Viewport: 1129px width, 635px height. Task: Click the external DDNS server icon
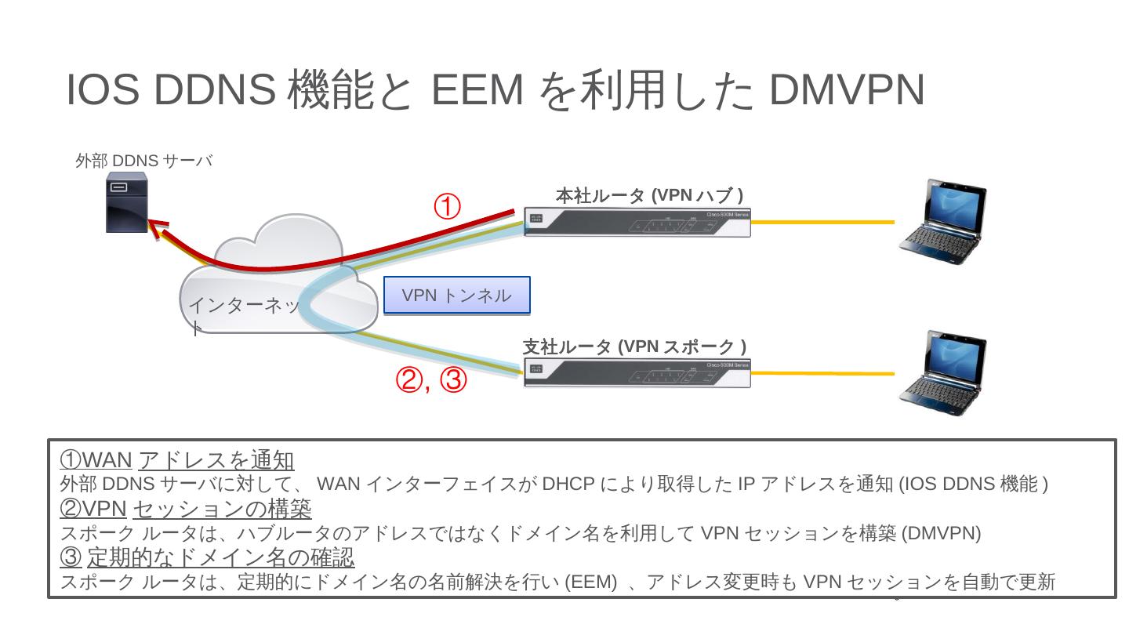[127, 204]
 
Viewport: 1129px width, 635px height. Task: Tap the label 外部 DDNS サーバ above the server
[143, 161]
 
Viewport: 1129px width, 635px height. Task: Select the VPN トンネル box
[456, 296]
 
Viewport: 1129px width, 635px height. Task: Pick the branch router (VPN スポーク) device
[637, 374]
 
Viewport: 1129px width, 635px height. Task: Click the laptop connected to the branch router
[942, 368]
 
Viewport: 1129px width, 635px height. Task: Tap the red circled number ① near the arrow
[447, 208]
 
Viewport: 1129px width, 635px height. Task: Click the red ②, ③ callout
[432, 381]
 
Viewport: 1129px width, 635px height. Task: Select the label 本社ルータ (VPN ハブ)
[649, 195]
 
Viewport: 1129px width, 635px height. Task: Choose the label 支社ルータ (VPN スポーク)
[634, 347]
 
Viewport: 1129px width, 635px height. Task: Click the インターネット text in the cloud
[244, 306]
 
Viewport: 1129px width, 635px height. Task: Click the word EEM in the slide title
[477, 89]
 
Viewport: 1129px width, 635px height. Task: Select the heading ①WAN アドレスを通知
[177, 460]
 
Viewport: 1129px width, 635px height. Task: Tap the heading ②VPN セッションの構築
[186, 509]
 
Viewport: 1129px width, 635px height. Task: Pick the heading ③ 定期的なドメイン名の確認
[207, 557]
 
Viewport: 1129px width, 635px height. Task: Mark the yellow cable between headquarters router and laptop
[822, 223]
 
